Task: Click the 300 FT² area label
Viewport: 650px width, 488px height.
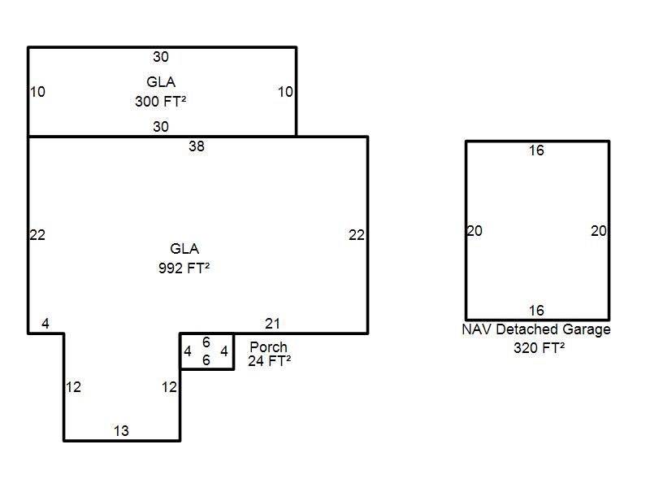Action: pyautogui.click(x=160, y=101)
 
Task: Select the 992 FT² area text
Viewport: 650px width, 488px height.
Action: pyautogui.click(x=184, y=268)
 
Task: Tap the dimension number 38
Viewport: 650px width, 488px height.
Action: pyautogui.click(x=197, y=146)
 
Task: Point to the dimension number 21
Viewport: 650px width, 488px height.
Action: pyautogui.click(x=272, y=323)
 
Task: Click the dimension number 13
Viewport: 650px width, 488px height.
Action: pyautogui.click(x=121, y=431)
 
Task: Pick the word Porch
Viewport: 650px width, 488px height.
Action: pyautogui.click(x=269, y=346)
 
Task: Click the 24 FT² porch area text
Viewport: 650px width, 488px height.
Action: pyautogui.click(x=270, y=360)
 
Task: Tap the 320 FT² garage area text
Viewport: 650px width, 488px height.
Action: pyautogui.click(x=539, y=348)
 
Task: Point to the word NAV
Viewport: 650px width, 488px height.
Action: pyautogui.click(x=477, y=329)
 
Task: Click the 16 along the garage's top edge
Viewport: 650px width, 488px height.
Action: pyautogui.click(x=536, y=150)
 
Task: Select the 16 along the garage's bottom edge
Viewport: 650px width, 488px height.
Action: pyautogui.click(x=536, y=311)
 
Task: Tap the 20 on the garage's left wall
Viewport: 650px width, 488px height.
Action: pyautogui.click(x=474, y=231)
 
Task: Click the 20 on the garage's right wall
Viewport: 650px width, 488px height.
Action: pyautogui.click(x=599, y=231)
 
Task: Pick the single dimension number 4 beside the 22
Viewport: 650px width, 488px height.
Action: pyautogui.click(x=45, y=323)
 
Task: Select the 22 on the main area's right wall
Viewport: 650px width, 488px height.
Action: pyautogui.click(x=357, y=235)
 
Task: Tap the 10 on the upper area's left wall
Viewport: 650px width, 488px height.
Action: pyautogui.click(x=37, y=92)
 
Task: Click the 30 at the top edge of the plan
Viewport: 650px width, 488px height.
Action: pyautogui.click(x=161, y=56)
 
